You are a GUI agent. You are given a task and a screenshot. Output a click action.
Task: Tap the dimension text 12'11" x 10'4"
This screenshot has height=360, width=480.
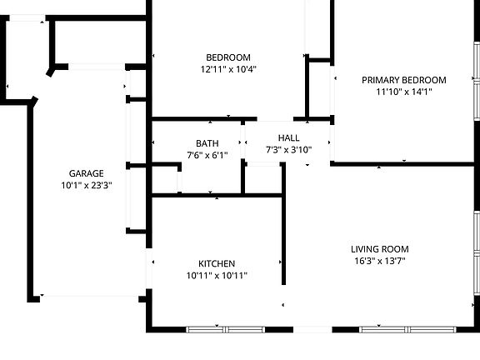(228, 69)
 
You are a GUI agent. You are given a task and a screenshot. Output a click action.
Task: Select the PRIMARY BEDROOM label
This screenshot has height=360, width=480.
(403, 80)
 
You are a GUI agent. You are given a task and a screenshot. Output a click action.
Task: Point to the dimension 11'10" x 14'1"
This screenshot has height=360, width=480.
(403, 92)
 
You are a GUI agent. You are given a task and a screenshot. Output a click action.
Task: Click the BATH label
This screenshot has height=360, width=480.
(207, 142)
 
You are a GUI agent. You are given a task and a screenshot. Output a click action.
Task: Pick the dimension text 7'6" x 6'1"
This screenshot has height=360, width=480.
(207, 154)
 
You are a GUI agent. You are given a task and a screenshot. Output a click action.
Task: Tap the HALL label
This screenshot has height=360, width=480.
(288, 138)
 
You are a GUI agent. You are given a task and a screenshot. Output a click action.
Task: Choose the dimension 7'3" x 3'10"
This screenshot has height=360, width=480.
(288, 150)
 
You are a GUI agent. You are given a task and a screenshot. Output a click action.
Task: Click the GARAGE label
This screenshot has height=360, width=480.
(87, 173)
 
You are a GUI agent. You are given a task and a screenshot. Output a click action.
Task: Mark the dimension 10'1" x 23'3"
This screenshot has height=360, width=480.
(87, 185)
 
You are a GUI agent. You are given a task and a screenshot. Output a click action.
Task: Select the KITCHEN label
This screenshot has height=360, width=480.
(217, 263)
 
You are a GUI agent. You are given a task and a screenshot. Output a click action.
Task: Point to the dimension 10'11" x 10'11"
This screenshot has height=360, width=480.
(217, 275)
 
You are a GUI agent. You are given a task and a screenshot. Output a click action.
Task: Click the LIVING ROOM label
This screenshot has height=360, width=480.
(379, 248)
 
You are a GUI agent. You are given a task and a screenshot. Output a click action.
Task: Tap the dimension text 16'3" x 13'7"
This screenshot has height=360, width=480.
(379, 260)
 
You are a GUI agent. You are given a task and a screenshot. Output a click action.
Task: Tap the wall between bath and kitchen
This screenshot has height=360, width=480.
(208, 195)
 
